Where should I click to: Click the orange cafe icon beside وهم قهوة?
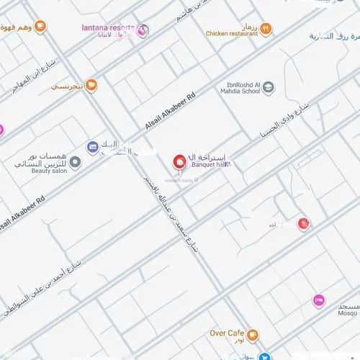[x=40, y=27]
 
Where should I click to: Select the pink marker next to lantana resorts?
[x=142, y=30]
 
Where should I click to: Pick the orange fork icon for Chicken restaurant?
[x=266, y=29]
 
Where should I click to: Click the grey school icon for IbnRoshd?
[x=268, y=88]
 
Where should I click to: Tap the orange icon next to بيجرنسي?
[x=91, y=86]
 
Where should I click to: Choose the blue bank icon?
[x=92, y=147]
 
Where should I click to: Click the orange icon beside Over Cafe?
[x=252, y=335]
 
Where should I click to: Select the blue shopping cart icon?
[x=266, y=356]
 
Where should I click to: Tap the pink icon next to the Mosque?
[x=318, y=300]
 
